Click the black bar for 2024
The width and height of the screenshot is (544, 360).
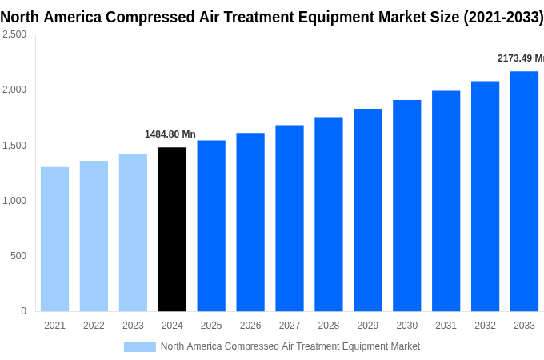click(172, 230)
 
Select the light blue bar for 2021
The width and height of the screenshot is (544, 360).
click(54, 239)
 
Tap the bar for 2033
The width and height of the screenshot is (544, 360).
click(524, 191)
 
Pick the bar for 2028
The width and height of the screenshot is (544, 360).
click(329, 214)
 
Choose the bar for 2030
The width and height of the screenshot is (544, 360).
click(406, 206)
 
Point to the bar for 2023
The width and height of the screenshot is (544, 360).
click(133, 233)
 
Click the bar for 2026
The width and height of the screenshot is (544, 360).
click(250, 222)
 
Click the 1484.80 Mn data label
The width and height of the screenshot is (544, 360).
click(170, 134)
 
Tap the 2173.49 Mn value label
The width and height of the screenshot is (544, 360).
click(520, 58)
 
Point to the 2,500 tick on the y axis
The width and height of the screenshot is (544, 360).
click(14, 34)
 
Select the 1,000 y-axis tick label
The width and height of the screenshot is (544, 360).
click(14, 201)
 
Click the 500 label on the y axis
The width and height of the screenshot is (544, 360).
click(18, 256)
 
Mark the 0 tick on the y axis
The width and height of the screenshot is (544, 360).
click(23, 311)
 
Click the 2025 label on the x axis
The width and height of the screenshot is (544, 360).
click(211, 326)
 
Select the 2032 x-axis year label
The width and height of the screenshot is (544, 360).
click(485, 326)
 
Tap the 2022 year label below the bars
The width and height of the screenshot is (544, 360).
click(94, 326)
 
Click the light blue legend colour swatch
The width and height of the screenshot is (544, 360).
click(139, 346)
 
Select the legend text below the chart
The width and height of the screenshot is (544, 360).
click(290, 346)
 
